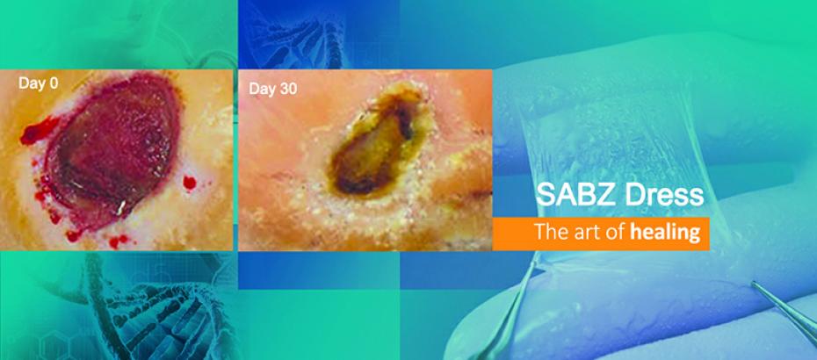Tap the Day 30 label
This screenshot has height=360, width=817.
coord(272,89)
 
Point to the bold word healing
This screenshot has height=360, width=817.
coord(665,233)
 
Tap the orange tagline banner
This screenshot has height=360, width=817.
coord(601,233)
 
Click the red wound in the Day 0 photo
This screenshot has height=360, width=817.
coord(112,151)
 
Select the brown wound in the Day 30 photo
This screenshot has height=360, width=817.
coord(374,143)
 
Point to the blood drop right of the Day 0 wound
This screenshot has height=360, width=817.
coord(189,183)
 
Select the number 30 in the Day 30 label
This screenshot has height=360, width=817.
coord(289,89)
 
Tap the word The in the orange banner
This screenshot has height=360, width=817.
coord(552,233)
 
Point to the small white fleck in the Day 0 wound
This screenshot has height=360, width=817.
coord(121,208)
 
